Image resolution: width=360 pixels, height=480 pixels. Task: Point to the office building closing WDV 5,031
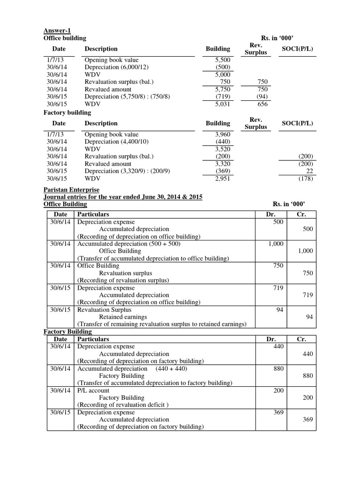[x=222, y=104]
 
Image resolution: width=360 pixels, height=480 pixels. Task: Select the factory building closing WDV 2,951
[x=222, y=179]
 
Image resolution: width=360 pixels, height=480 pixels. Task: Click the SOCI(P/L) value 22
[x=308, y=171]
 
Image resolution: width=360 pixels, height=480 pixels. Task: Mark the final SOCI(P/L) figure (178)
[x=306, y=179]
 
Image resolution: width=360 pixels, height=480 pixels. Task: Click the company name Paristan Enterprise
[x=71, y=190]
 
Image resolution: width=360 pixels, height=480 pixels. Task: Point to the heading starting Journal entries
[x=123, y=197]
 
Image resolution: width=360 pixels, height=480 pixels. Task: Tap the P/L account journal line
[x=93, y=390]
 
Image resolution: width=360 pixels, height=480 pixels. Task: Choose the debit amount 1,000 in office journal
[x=276, y=244]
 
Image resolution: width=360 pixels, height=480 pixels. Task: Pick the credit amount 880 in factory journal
[x=307, y=375]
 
